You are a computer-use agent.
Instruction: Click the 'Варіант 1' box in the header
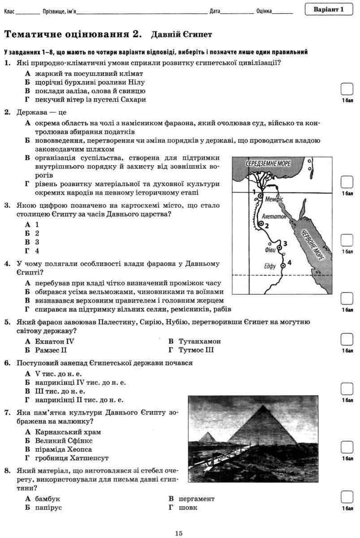(x=329, y=9)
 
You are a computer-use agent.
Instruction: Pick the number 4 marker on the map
(x=289, y=262)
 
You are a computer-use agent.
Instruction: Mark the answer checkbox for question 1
(x=347, y=89)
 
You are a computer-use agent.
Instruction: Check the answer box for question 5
(x=347, y=339)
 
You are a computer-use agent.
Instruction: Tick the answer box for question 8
(x=347, y=497)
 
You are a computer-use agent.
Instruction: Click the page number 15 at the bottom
(x=179, y=533)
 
